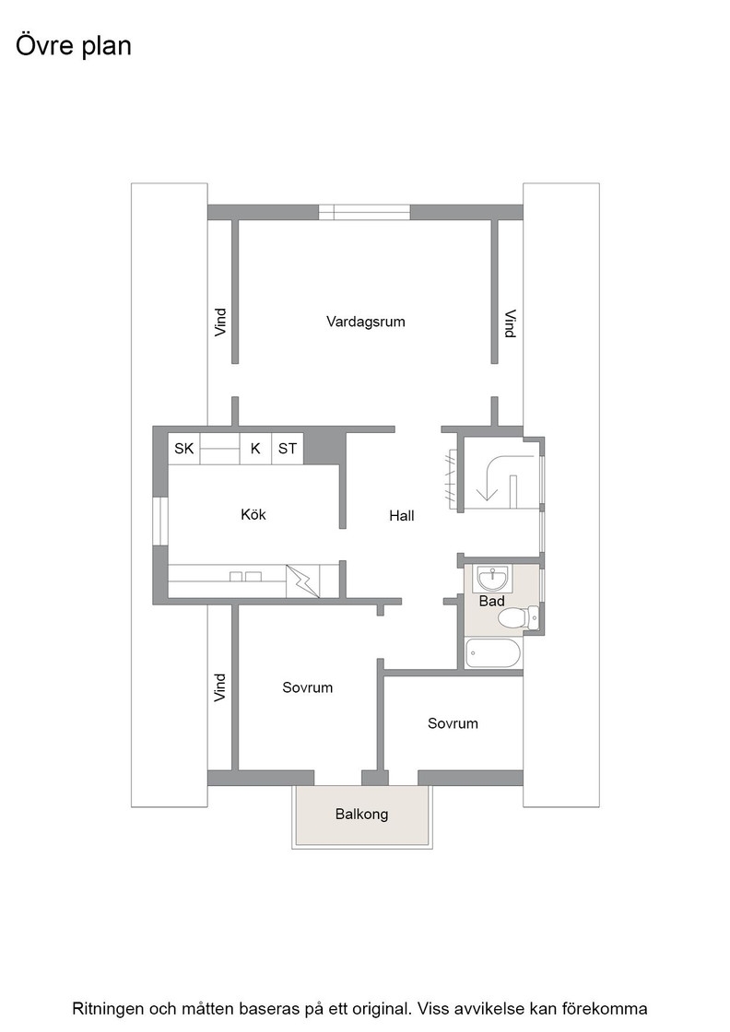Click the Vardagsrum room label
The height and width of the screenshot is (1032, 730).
tap(365, 322)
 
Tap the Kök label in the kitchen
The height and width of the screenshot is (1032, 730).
tap(253, 514)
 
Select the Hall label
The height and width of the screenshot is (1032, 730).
tap(402, 516)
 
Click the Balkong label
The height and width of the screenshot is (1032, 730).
tap(362, 815)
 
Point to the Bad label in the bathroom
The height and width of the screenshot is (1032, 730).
tap(491, 601)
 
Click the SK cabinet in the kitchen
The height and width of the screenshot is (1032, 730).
tap(184, 449)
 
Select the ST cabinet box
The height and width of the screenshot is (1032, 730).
tap(288, 449)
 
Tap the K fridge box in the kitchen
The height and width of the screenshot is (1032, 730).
tap(255, 449)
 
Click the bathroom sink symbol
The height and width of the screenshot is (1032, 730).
tap(491, 579)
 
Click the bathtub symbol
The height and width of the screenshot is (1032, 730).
tap(493, 653)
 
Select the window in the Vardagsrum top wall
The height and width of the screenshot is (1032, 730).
tap(365, 213)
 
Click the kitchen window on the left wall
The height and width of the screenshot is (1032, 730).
tap(160, 522)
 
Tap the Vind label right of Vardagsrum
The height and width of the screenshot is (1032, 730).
tap(510, 323)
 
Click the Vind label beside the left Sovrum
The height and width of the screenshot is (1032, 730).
tap(220, 687)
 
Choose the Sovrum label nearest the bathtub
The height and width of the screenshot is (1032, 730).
tap(453, 723)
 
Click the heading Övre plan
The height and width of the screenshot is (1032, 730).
tap(74, 46)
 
